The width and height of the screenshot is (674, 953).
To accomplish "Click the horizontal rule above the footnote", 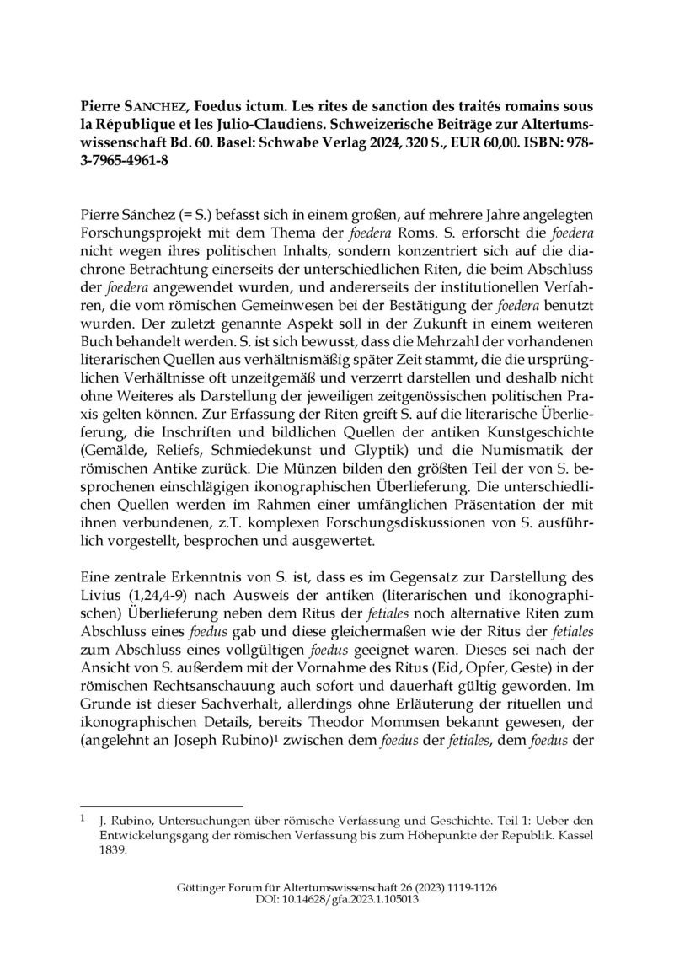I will (161, 805).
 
